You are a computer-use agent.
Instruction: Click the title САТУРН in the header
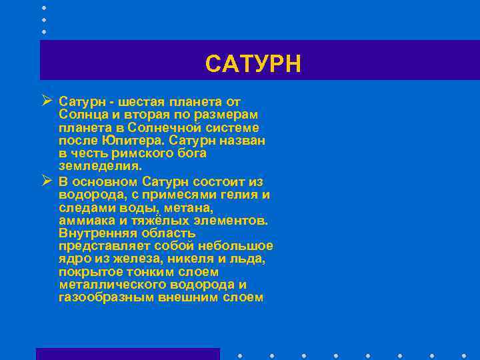pyautogui.click(x=253, y=64)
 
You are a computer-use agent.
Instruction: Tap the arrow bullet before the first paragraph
pyautogui.click(x=46, y=102)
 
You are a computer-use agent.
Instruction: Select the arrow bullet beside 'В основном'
pyautogui.click(x=46, y=181)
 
